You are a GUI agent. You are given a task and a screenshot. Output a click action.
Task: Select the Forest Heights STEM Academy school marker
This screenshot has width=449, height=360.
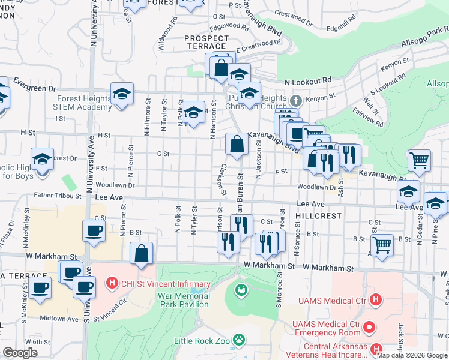(122, 94)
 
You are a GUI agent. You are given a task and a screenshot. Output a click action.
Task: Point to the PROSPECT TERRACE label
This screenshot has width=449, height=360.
(206, 42)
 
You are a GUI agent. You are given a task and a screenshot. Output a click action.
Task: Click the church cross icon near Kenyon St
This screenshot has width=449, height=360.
(295, 100)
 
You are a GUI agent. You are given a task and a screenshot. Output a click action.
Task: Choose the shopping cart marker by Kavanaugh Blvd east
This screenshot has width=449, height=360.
(419, 161)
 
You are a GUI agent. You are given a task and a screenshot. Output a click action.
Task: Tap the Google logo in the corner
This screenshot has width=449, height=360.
(20, 352)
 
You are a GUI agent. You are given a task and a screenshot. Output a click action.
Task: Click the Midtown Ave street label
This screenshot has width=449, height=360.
(59, 319)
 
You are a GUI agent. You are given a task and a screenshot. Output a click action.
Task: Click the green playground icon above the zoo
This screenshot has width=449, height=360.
(241, 290)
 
